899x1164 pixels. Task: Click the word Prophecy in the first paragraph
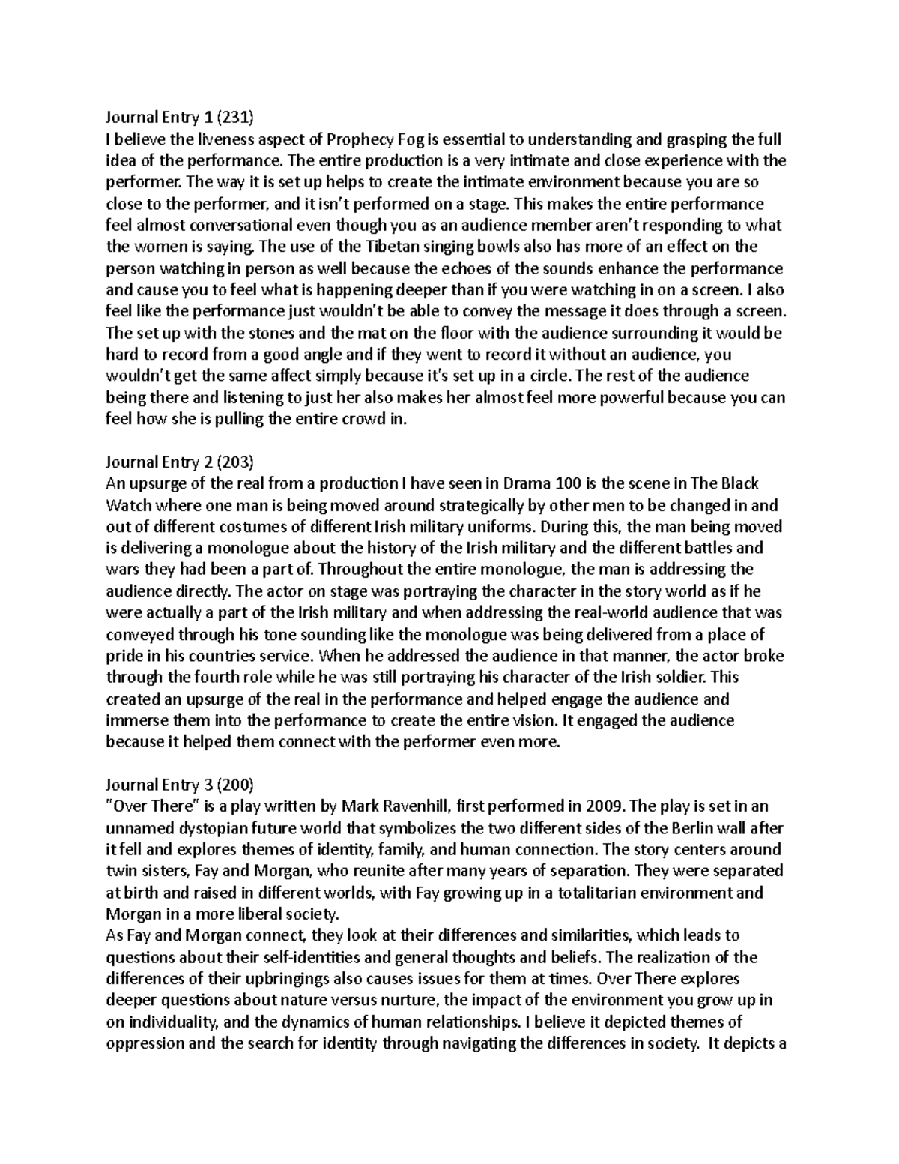pos(354,139)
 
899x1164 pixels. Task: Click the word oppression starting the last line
pos(143,1044)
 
